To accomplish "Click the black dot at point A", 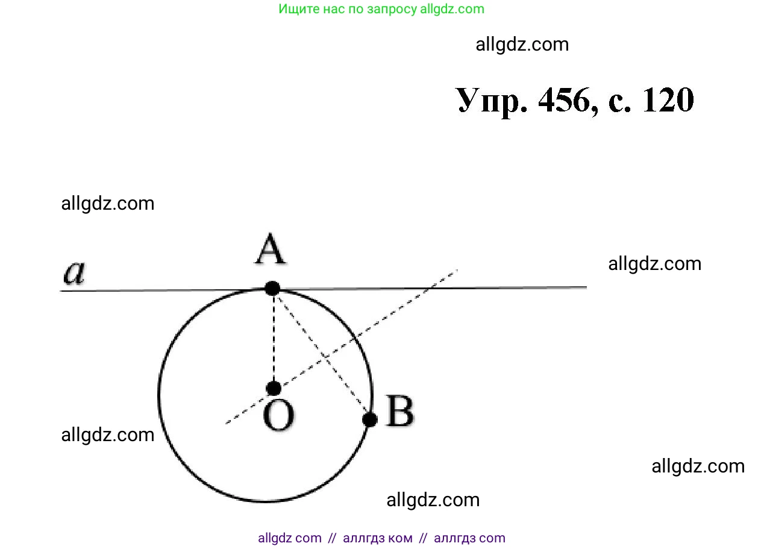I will pos(272,288).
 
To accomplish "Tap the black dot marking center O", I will pos(274,387).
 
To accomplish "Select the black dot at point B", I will pos(371,419).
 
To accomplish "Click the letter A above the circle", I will pos(270,251).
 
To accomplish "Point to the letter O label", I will pos(278,416).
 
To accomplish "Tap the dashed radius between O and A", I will pos(274,337).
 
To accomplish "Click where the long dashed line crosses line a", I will pos(433,288).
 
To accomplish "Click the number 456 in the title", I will pos(563,100).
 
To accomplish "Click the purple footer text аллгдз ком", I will pos(378,538).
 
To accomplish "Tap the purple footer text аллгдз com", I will pos(469,538).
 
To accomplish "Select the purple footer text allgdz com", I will pos(290,538).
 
